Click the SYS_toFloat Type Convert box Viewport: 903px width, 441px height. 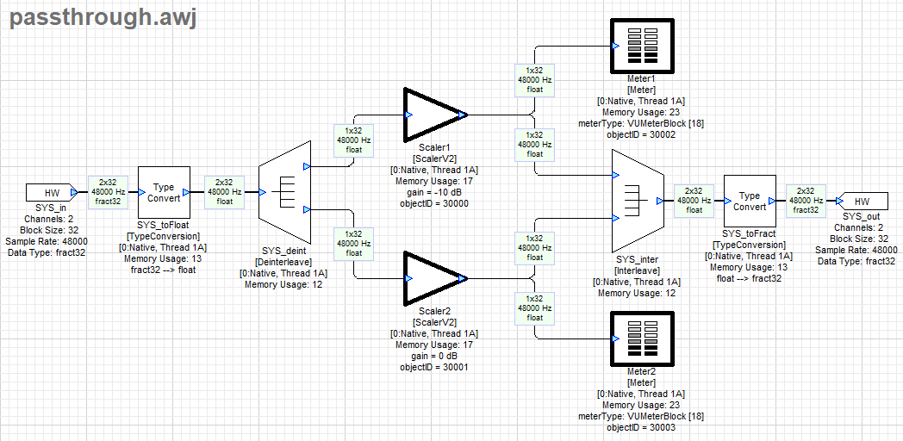pyautogui.click(x=164, y=192)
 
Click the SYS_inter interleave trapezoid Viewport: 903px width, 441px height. pyautogui.click(x=637, y=201)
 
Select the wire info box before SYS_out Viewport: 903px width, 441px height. pyautogui.click(x=806, y=201)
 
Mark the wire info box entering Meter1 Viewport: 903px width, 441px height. pyautogui.click(x=534, y=78)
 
